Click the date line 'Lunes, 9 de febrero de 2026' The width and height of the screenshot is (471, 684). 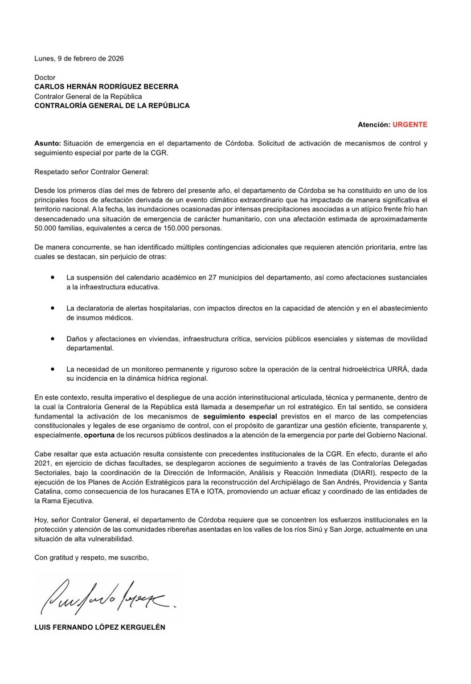point(79,59)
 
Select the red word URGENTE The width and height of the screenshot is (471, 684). point(408,124)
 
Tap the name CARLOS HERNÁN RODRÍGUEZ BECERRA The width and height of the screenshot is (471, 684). point(107,87)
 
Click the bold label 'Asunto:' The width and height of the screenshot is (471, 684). point(47,143)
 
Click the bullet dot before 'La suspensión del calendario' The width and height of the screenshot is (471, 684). point(53,276)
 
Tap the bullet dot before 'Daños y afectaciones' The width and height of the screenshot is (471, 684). point(53,338)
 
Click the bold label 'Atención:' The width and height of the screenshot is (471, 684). point(372,124)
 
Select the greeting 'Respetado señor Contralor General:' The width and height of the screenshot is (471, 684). point(91,170)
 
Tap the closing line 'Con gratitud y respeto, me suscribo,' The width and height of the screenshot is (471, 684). point(91,557)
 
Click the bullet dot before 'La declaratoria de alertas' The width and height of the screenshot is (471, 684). point(53,307)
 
